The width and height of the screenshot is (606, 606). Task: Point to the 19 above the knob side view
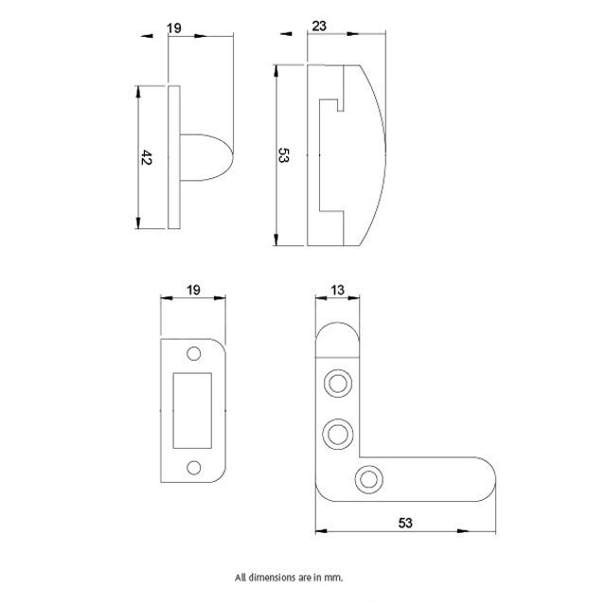point(173,28)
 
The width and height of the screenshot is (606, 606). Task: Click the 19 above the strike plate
point(193,289)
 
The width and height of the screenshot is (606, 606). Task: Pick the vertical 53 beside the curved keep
point(282,156)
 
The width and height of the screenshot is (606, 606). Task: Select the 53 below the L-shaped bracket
point(405,522)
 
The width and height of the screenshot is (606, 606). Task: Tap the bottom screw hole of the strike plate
point(194,465)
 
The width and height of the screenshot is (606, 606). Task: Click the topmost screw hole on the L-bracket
point(336,383)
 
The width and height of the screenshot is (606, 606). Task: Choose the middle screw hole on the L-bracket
point(336,434)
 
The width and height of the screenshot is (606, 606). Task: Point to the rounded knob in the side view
point(205,156)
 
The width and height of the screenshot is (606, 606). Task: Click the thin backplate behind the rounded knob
point(173,156)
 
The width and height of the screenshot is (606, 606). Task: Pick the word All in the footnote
point(241,576)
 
